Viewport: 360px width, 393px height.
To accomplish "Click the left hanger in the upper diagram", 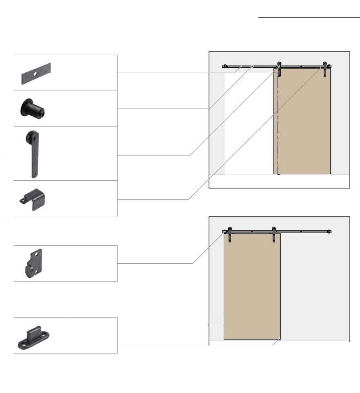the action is point(279,68).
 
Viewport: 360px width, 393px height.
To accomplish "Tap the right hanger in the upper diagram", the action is point(325,68).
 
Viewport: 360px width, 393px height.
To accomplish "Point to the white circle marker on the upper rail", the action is point(252,66).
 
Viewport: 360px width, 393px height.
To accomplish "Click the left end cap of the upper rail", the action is point(224,66).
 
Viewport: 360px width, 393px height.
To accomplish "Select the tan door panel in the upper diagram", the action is point(304,122).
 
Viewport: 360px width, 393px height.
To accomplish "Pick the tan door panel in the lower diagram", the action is point(252,286).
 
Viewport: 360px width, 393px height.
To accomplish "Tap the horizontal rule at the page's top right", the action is point(309,18).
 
